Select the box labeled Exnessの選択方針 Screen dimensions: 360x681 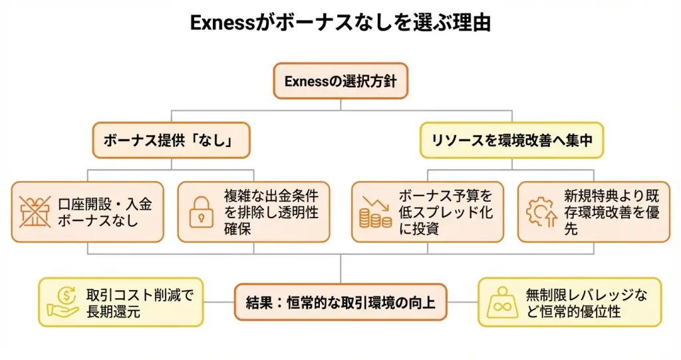[x=340, y=81]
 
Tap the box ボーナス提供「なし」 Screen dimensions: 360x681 [x=170, y=140]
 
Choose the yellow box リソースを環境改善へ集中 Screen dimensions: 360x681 [x=511, y=140]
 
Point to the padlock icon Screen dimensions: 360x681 [x=202, y=212]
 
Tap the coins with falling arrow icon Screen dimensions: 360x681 [x=374, y=212]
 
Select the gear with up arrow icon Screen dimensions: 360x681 [x=540, y=212]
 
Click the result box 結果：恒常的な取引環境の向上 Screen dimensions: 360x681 [x=340, y=303]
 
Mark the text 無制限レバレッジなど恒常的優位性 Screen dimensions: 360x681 [x=585, y=303]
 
